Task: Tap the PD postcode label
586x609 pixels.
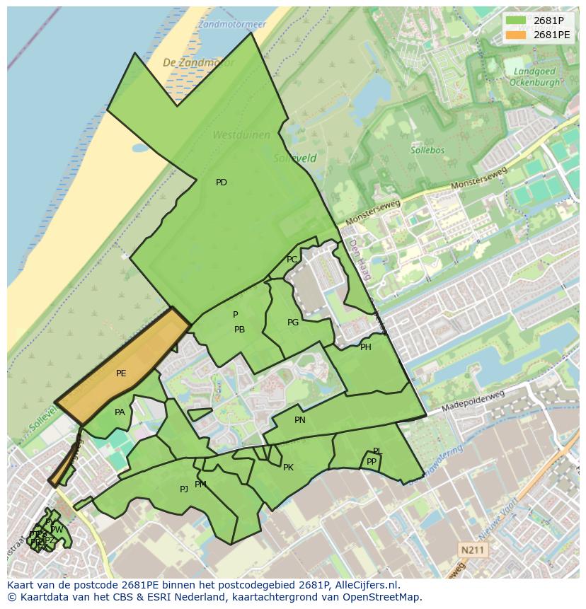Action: coord(222,182)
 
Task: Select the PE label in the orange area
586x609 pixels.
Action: coord(121,373)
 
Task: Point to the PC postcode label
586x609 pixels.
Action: coord(292,260)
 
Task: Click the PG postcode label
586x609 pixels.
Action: coord(293,323)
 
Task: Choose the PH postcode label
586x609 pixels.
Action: coord(365,347)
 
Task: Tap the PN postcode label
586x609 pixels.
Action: coord(300,420)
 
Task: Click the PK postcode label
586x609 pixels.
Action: coord(288,468)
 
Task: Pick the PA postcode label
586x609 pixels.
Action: coord(120,412)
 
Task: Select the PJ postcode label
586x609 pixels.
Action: coord(184,489)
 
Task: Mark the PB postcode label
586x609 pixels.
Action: coord(239,330)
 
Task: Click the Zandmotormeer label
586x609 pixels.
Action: coord(231,23)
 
